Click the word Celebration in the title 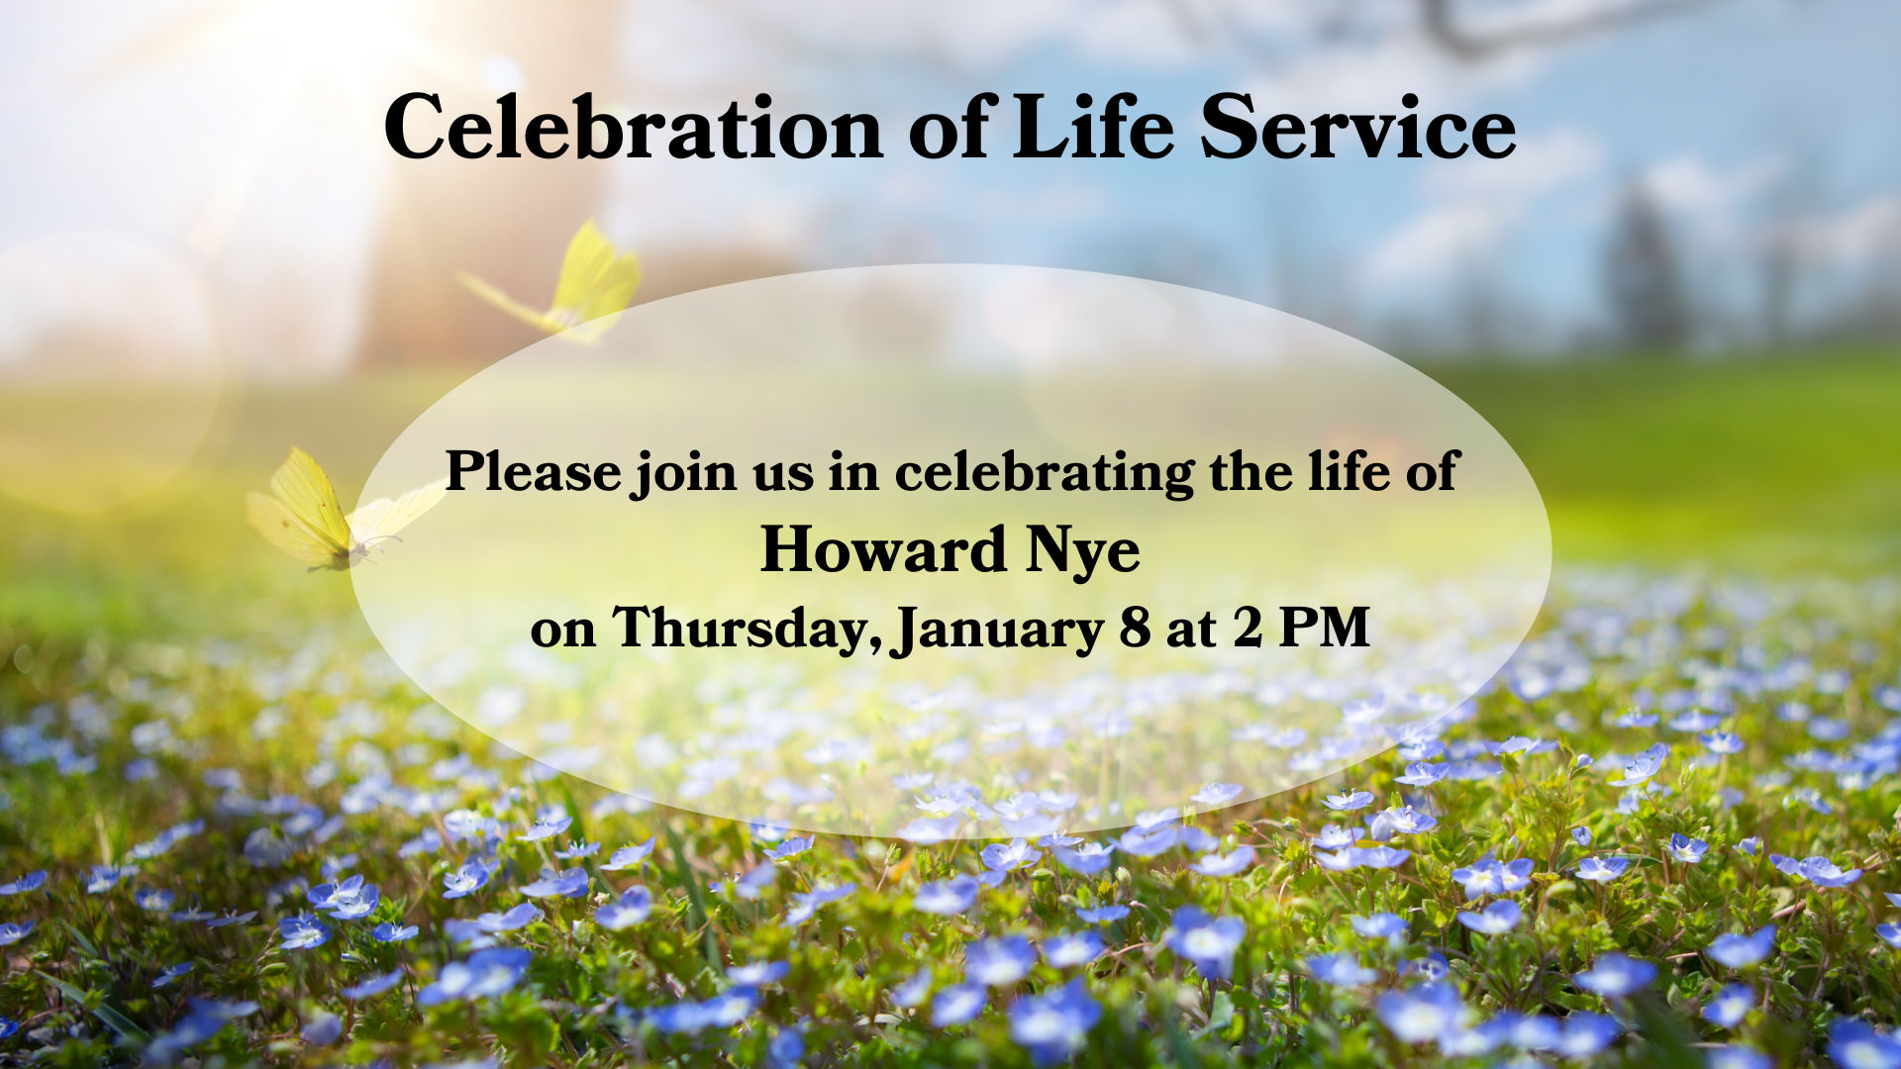pyautogui.click(x=634, y=127)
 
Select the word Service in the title pyautogui.click(x=1358, y=127)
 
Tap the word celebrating pyautogui.click(x=1045, y=473)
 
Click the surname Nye pyautogui.click(x=1083, y=552)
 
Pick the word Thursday pyautogui.click(x=747, y=630)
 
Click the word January pyautogui.click(x=997, y=632)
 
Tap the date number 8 pyautogui.click(x=1135, y=628)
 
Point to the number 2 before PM pyautogui.click(x=1248, y=628)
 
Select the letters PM pyautogui.click(x=1325, y=628)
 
